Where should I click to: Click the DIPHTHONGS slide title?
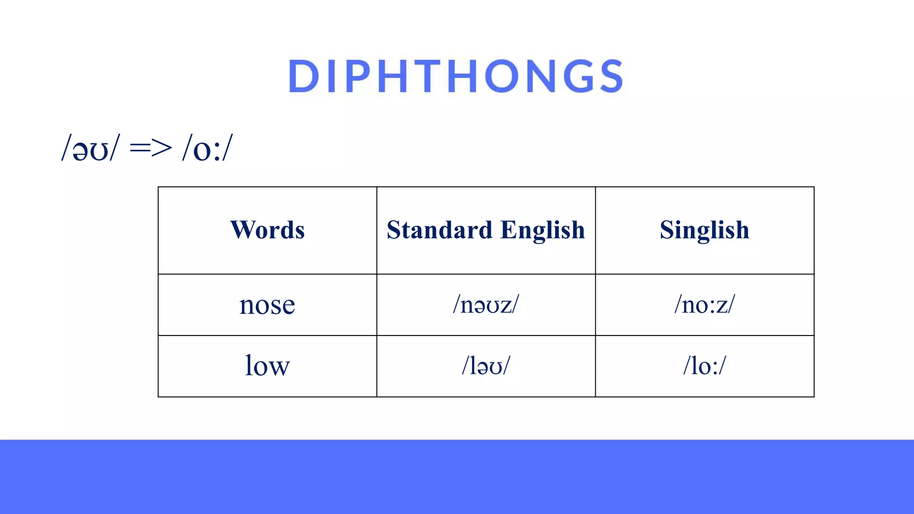coord(456,76)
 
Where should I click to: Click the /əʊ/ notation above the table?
coord(91,149)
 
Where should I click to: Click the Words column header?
coord(267,230)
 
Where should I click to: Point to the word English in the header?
coord(543,230)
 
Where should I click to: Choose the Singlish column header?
coord(704,230)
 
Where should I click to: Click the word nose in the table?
coord(267,305)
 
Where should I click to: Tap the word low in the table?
coord(267,366)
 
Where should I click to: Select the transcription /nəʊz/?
coord(486,305)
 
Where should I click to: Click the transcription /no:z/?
coord(704,305)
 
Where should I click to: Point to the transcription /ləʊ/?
coord(486,366)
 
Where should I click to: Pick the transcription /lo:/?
coord(704,366)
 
